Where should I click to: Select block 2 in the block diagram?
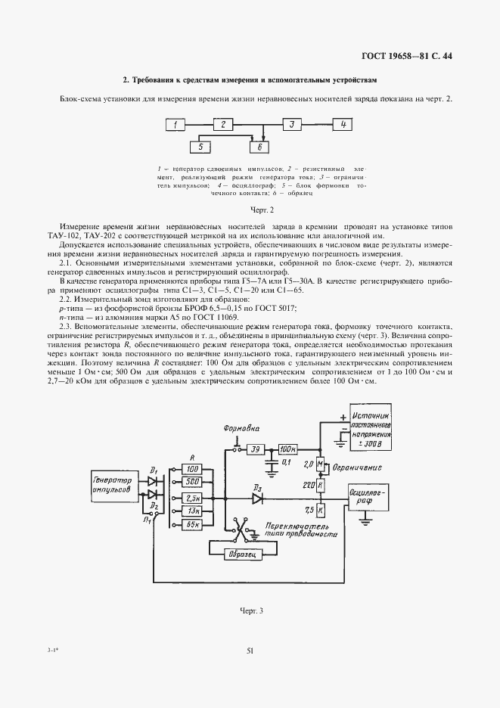coord(222,124)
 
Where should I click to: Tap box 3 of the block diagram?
coord(290,124)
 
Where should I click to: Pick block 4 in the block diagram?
coord(342,124)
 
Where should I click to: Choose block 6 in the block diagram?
coord(259,147)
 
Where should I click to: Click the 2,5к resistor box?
coord(191,499)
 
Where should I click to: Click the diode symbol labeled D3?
coord(256,498)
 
